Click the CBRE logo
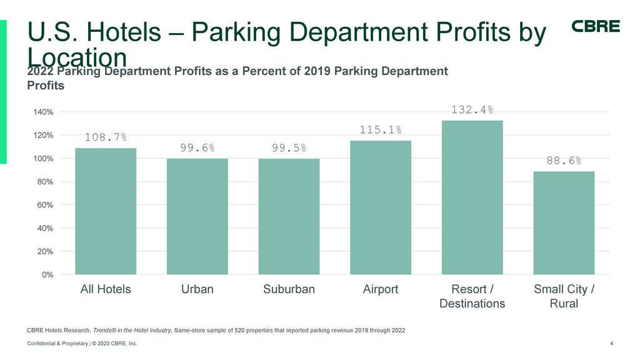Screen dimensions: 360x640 pos(596,26)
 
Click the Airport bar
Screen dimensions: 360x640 pos(381,207)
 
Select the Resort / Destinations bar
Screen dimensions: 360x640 pos(472,197)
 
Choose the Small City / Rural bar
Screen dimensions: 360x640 pos(564,222)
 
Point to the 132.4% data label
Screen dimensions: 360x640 pos(472,110)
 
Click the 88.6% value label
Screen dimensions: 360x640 pos(564,161)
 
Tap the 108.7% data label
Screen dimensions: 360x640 pos(106,137)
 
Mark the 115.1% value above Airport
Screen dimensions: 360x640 pos(381,130)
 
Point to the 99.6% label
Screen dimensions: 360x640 pos(197,148)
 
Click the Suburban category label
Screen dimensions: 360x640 pos(289,289)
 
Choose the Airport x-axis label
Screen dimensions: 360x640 pos(381,289)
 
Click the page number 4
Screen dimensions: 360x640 pos(610,343)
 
